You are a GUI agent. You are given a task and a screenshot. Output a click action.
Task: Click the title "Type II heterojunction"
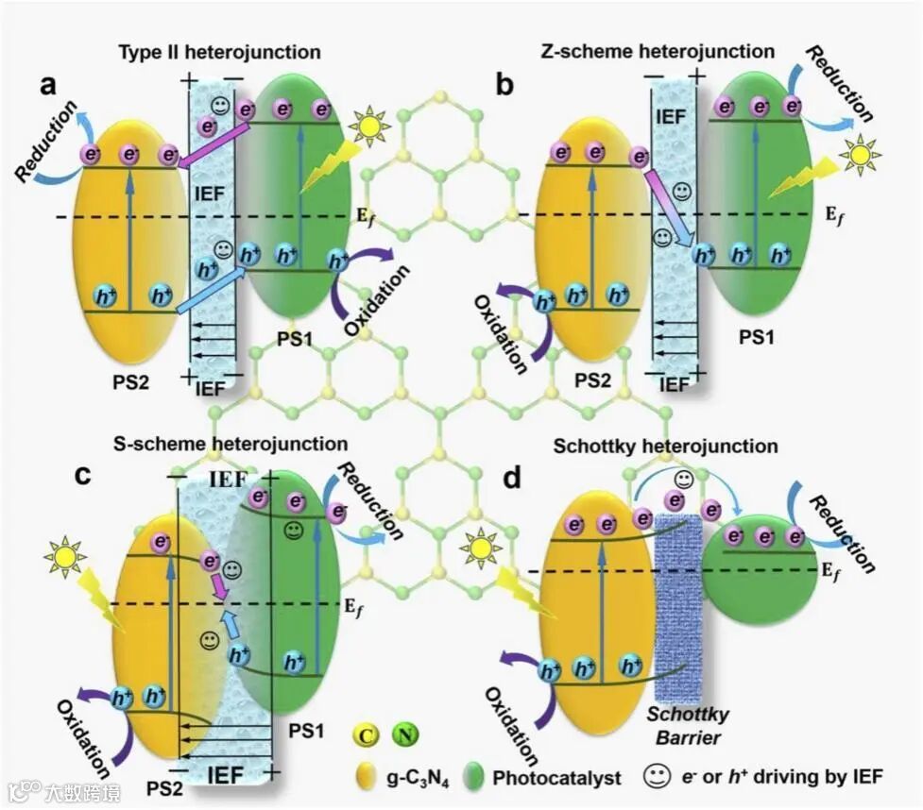[219, 52]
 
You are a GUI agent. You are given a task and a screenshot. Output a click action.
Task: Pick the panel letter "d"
[514, 478]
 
